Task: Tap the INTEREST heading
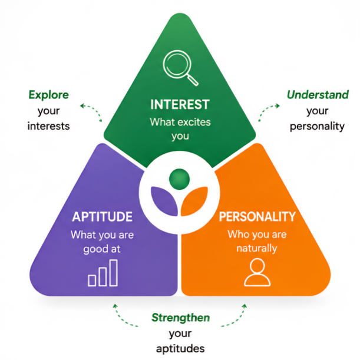[x=180, y=104]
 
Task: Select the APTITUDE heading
[x=103, y=216]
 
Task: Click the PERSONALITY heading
[x=257, y=216]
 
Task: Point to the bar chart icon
[x=103, y=273]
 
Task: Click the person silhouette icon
[x=257, y=272]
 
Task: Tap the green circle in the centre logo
[x=179, y=179]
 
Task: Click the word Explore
[x=49, y=95]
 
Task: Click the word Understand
[x=318, y=95]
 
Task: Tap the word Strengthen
[x=181, y=318]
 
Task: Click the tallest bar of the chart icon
[x=113, y=273]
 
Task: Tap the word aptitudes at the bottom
[x=180, y=349]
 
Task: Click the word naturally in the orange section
[x=257, y=249]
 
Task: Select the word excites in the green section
[x=194, y=122]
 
